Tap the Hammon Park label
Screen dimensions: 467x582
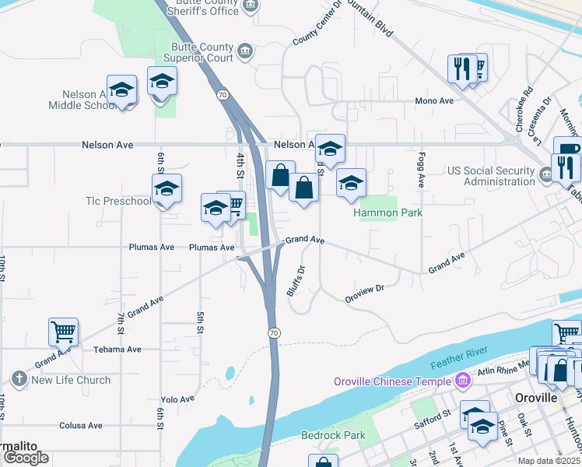pos(387,212)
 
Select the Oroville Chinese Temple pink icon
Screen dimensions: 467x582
pos(463,381)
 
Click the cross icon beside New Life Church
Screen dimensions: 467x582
pos(19,380)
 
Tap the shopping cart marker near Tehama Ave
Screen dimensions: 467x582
pos(63,332)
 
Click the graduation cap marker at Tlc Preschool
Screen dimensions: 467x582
pos(167,189)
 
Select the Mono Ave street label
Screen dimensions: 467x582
pos(434,101)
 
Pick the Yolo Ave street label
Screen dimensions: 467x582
pos(177,399)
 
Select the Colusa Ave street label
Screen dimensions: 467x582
pos(81,426)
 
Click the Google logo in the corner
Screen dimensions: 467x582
pos(25,458)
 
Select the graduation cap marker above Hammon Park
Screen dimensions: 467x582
pos(351,183)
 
